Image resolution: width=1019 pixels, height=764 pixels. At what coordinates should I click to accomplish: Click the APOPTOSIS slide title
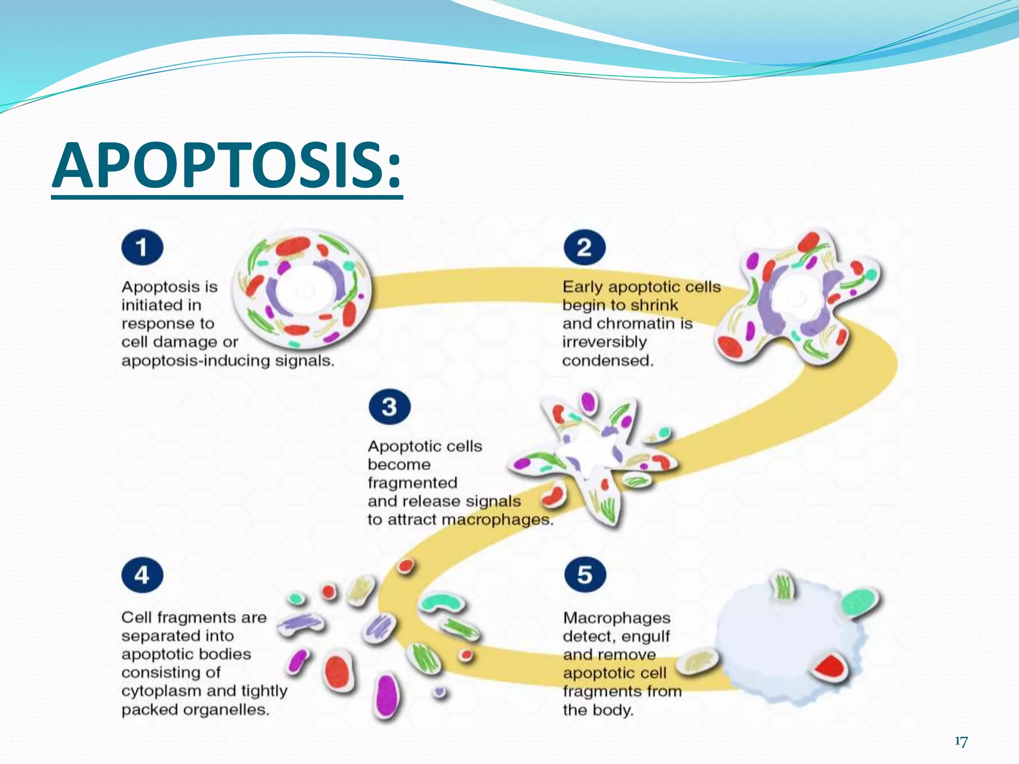tap(227, 166)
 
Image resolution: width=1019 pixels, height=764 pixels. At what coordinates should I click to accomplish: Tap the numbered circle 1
tap(142, 247)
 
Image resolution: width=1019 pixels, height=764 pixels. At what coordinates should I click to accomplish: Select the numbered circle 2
tap(585, 247)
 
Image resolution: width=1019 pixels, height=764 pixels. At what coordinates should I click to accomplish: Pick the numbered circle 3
tap(390, 406)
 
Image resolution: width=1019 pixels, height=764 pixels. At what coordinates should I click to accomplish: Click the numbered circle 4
tap(142, 575)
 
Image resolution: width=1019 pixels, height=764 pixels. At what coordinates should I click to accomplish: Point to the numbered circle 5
tap(585, 574)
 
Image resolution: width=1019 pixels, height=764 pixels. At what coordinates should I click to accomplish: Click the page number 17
tap(961, 742)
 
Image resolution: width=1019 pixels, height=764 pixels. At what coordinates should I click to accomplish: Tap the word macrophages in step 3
tap(497, 520)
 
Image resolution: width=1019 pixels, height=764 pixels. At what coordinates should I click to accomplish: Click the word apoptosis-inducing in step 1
tap(196, 361)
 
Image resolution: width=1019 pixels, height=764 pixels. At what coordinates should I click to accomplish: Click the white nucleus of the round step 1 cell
tap(304, 290)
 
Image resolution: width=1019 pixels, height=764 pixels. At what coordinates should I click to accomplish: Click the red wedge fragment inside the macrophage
tap(830, 667)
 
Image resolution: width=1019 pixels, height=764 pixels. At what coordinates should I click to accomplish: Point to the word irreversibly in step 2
tap(605, 342)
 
